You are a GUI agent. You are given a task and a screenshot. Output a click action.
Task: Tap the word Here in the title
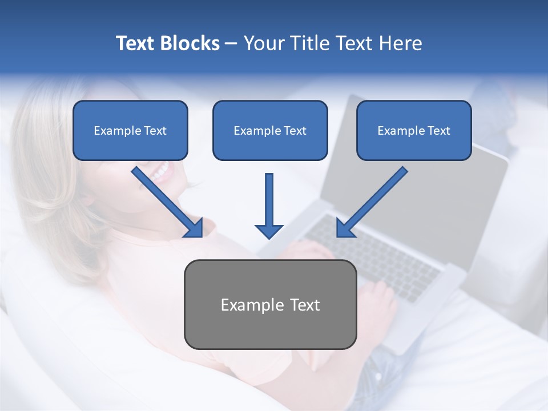[x=402, y=43]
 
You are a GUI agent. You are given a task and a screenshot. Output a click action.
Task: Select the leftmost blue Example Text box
[x=130, y=130]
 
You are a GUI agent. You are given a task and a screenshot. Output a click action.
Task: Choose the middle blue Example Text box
[x=270, y=130]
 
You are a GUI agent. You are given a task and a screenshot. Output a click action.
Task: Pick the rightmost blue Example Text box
[x=414, y=130]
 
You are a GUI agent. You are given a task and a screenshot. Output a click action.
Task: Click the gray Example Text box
[x=270, y=304]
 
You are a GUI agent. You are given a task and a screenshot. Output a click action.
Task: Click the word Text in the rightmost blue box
[x=439, y=130]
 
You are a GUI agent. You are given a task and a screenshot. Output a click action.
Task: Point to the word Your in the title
[x=263, y=43]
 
